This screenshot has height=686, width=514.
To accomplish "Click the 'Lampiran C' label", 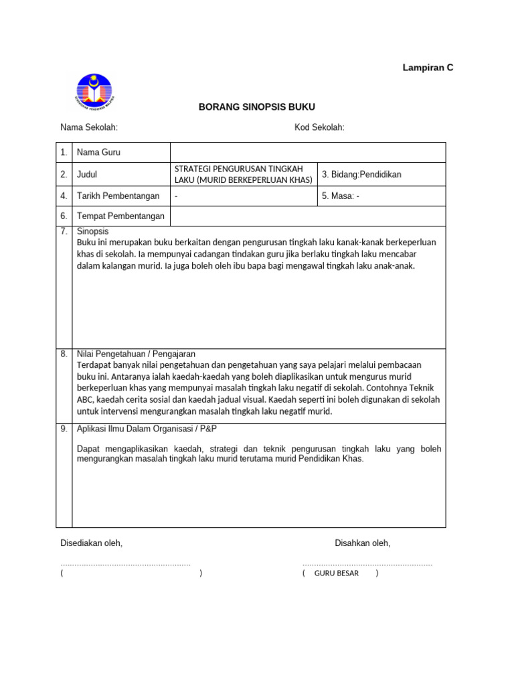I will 428,68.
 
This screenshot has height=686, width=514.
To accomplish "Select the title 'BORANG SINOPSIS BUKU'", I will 257,107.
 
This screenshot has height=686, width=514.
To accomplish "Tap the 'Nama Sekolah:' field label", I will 89,128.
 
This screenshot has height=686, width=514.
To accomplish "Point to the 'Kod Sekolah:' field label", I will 319,128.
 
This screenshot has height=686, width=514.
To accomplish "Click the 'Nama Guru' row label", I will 98,153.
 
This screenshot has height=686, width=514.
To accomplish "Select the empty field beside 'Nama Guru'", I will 308,153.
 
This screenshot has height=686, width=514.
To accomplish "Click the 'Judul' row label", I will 88,174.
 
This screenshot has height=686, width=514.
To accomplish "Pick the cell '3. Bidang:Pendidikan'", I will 361,174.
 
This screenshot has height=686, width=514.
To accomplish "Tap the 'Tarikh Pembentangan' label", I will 118,196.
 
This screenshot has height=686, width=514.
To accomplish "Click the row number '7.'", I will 64,231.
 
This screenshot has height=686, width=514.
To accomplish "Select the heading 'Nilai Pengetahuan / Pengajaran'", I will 137,354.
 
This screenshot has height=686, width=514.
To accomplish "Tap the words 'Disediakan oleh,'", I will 91,543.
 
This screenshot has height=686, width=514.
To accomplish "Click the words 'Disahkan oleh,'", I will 362,543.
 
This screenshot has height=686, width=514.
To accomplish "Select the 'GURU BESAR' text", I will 336,573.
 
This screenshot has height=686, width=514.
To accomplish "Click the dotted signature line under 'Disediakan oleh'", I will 125,564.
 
